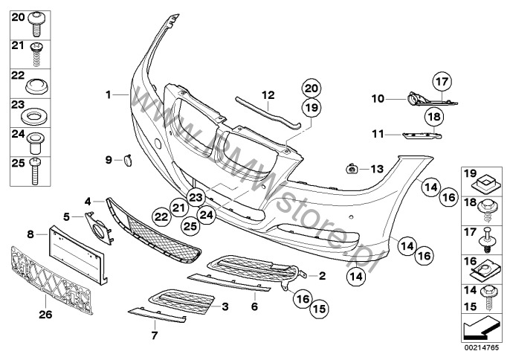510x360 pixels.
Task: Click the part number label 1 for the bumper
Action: pyautogui.click(x=108, y=94)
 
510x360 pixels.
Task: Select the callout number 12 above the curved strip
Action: pyautogui.click(x=268, y=94)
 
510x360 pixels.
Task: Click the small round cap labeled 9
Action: pyautogui.click(x=126, y=158)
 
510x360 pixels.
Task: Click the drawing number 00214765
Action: pyautogui.click(x=481, y=346)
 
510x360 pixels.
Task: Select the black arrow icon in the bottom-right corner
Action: pyautogui.click(x=480, y=327)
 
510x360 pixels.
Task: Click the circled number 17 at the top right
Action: pyautogui.click(x=443, y=82)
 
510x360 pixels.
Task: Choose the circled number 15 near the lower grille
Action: pyautogui.click(x=319, y=305)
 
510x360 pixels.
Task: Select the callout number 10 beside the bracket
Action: pyautogui.click(x=378, y=97)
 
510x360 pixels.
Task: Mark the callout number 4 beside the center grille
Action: pyautogui.click(x=88, y=201)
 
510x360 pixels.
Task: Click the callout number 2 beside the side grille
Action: pyautogui.click(x=322, y=275)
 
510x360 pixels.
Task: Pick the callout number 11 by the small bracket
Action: pyautogui.click(x=378, y=134)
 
